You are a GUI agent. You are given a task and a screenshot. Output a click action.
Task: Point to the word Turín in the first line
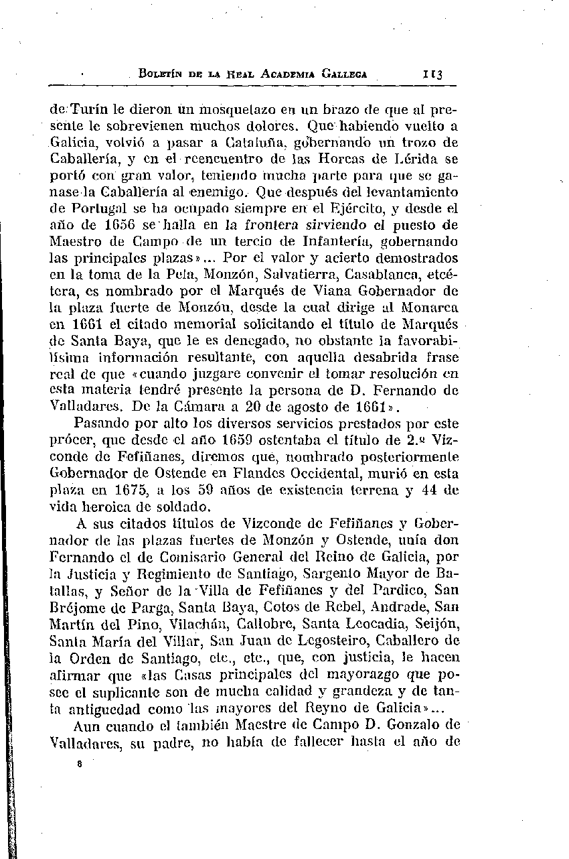(x=82, y=107)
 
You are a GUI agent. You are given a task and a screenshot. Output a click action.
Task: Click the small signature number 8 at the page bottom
(x=79, y=763)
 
